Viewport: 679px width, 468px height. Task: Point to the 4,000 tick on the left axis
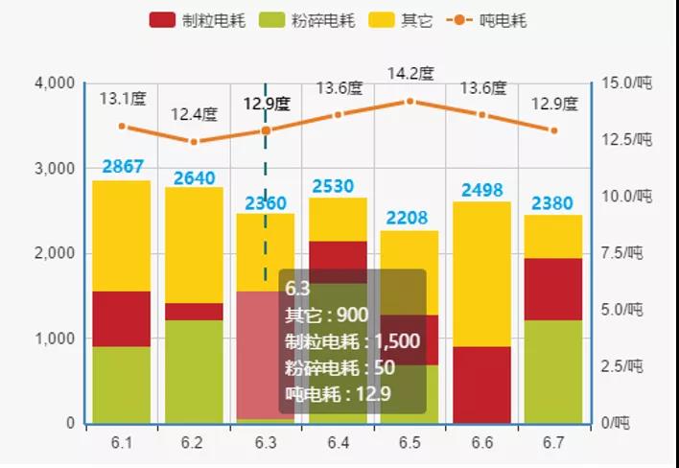[x=55, y=83]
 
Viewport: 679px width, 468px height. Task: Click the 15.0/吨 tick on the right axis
[x=627, y=83]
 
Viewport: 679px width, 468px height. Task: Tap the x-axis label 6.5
[x=410, y=443]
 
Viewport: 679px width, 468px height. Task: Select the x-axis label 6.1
[x=122, y=443]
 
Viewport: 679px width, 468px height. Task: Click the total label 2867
[x=123, y=167]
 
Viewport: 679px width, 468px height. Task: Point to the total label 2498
[x=482, y=189]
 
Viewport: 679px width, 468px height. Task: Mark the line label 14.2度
[x=410, y=74]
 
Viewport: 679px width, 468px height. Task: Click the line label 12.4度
[x=194, y=115]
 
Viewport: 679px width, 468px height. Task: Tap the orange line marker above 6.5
[x=410, y=101]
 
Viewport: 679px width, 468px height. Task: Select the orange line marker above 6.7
[x=553, y=130]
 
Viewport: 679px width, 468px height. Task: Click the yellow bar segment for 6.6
[x=482, y=273]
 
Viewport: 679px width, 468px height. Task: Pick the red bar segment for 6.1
[x=122, y=318]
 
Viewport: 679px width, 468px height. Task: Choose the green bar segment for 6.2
[x=194, y=371]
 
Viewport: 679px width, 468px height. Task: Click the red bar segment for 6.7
[x=553, y=289]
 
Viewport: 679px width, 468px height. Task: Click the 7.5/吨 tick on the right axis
[x=627, y=253]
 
